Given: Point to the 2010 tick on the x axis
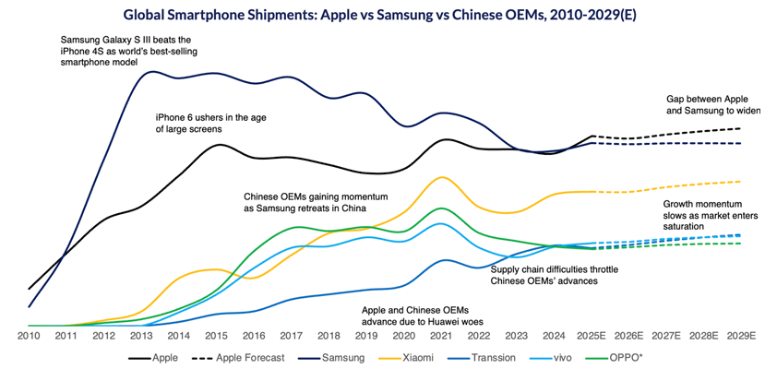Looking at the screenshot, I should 29,337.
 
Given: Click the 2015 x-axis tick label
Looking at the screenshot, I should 216,337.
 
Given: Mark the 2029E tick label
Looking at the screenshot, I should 743,337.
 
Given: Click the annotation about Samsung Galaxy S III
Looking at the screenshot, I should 126,52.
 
